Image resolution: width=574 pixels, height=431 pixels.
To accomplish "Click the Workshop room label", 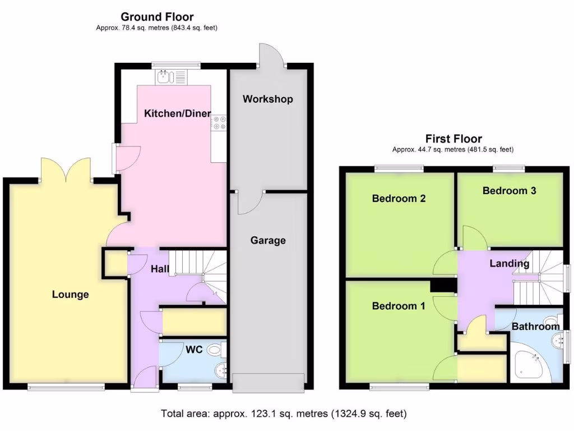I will coord(267,99).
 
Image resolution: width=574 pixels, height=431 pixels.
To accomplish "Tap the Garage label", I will coord(267,240).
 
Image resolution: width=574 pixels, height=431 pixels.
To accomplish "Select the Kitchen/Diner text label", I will coord(177,113).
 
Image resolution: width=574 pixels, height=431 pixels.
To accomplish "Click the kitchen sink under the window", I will coord(172,77).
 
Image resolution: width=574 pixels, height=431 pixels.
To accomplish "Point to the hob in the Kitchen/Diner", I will coord(219,122).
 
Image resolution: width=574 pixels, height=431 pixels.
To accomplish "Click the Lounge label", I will coord(71,294).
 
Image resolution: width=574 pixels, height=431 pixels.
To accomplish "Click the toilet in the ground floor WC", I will coord(216,350).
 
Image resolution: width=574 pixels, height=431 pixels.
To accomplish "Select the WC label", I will coord(194,350).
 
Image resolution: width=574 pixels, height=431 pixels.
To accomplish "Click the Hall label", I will coord(160,269).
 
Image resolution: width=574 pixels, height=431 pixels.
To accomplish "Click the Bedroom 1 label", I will coord(399,306).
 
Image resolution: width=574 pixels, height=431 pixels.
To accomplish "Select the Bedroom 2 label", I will coord(399,198).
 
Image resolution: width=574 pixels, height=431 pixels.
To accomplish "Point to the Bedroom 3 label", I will coord(509,191).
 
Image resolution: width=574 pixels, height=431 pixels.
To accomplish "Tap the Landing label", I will coord(509,263).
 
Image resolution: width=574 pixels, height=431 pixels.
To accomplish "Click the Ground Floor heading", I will coord(157,17).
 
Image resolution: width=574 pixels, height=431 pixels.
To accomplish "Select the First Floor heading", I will coord(453,139).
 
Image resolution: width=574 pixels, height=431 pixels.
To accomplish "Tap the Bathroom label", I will coord(535,326).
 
